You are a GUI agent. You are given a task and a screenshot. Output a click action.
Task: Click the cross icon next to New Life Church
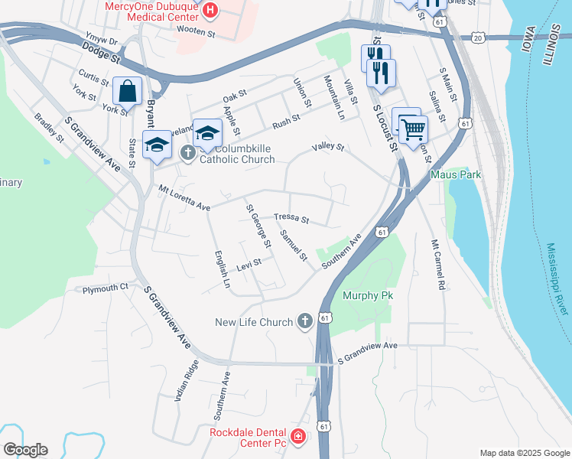click(x=304, y=322)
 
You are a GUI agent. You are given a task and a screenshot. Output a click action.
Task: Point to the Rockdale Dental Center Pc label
click(x=248, y=438)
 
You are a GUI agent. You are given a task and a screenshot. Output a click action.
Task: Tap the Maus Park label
click(x=456, y=174)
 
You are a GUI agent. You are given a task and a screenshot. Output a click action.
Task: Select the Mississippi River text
click(x=557, y=279)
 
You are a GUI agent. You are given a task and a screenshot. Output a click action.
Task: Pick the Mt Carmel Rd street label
click(x=438, y=265)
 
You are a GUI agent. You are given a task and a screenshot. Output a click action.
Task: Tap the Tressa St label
click(x=291, y=219)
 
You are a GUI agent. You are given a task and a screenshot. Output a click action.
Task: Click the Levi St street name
click(x=249, y=264)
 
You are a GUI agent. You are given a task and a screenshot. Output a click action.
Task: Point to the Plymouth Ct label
click(x=106, y=288)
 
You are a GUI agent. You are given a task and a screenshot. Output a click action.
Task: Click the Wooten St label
click(x=196, y=33)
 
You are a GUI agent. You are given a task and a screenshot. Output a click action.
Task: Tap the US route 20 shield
click(x=478, y=37)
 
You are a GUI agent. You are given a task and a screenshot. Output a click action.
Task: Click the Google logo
click(x=25, y=450)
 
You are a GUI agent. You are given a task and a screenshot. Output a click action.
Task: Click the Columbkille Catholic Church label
click(x=237, y=154)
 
